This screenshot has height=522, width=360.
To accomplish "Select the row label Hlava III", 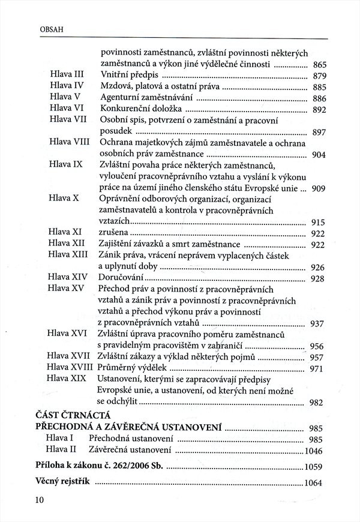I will coord(66,76).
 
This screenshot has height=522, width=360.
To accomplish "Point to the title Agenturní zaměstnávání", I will coord(146,98).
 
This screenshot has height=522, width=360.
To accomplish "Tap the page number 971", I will coord(318,369).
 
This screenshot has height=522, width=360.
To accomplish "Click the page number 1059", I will coord(314,467).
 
